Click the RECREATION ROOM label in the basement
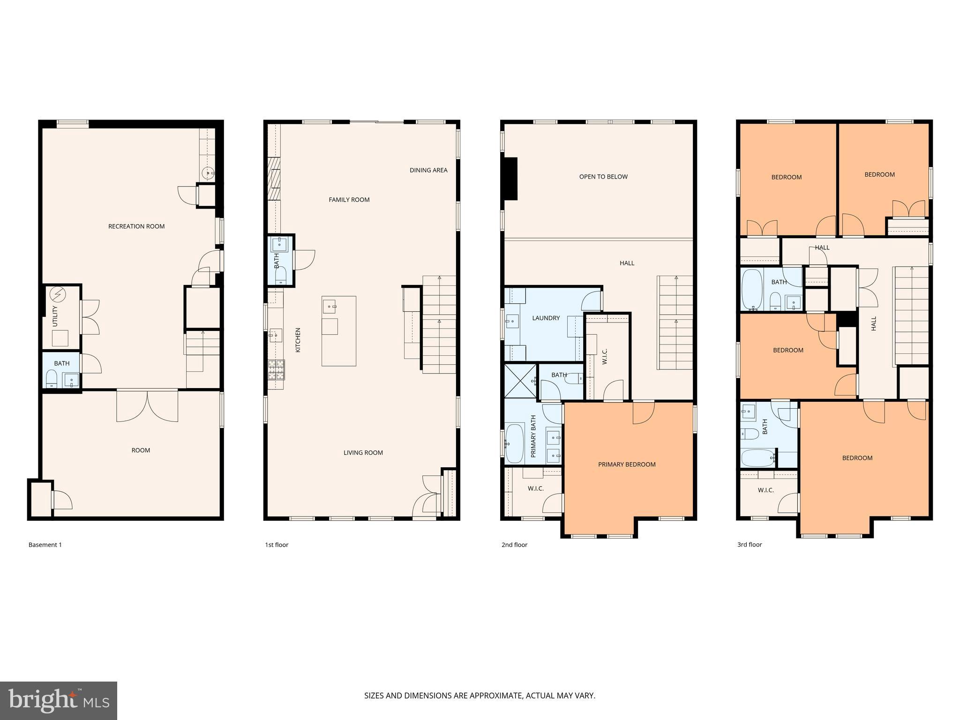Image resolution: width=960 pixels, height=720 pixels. [136, 226]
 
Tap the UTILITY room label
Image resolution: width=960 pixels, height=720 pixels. [55, 316]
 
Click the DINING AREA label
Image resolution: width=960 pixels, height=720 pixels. [428, 170]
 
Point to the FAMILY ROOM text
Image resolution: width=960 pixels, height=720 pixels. [349, 200]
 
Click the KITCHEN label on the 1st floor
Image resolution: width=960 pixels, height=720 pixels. [298, 340]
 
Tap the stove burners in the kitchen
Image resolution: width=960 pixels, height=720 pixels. [276, 369]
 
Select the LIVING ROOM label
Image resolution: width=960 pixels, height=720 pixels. [363, 453]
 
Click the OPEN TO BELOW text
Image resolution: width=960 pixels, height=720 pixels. [603, 177]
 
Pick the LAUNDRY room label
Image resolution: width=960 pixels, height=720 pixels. [546, 318]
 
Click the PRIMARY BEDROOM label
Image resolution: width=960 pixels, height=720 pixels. [627, 465]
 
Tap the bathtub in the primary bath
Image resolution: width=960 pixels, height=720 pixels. [515, 443]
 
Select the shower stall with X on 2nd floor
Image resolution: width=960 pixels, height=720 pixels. [520, 381]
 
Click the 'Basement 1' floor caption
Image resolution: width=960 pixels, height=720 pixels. [45, 545]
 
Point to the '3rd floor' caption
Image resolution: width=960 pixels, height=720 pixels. [750, 545]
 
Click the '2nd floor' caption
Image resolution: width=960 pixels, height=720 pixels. [514, 545]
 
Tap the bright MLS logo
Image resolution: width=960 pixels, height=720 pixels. [59, 700]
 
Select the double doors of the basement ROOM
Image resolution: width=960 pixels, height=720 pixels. [147, 406]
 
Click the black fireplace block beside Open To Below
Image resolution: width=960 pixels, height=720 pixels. [510, 179]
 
